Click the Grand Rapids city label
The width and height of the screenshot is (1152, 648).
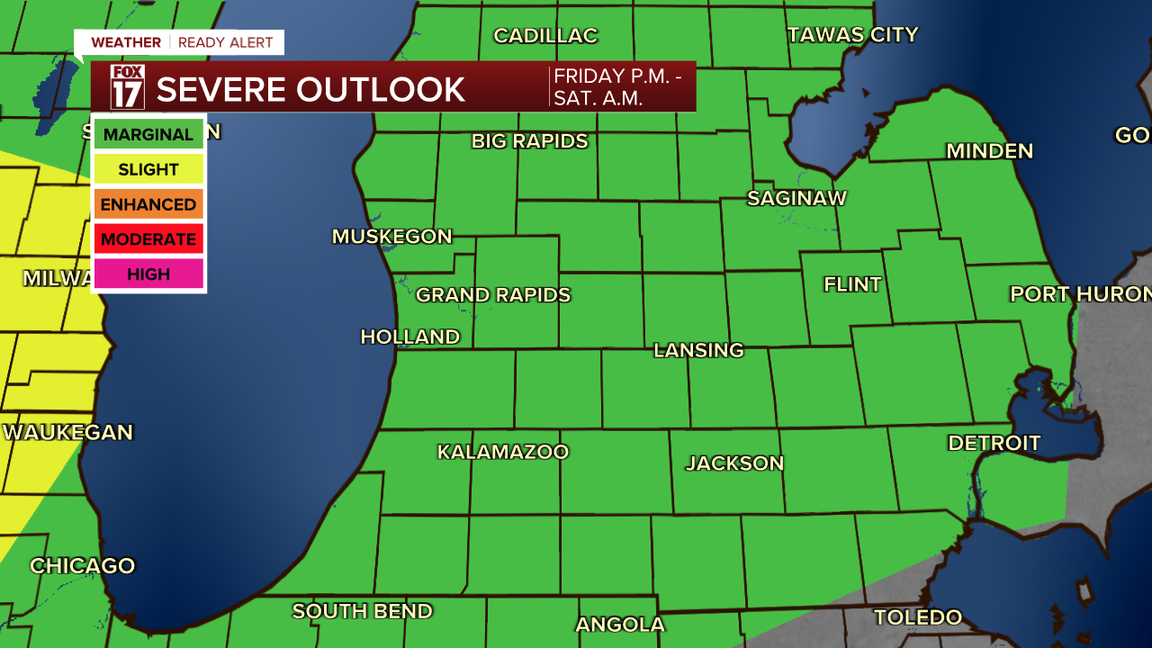click(x=493, y=295)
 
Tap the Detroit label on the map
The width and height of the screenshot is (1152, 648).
click(x=994, y=443)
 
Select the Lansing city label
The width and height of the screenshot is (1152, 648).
click(x=698, y=350)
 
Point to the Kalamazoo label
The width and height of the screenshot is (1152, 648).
click(x=503, y=452)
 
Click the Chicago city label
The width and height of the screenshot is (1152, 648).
click(x=82, y=566)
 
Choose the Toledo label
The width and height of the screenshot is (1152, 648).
click(x=917, y=617)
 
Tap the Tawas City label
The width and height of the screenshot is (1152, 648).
click(x=852, y=35)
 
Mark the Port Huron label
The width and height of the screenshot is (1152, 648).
click(x=1080, y=294)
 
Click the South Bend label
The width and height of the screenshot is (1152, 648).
click(x=362, y=611)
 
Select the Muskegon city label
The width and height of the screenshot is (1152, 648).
click(x=391, y=237)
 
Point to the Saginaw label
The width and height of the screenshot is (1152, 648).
click(x=796, y=198)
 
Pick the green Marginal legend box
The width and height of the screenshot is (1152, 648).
click(x=148, y=135)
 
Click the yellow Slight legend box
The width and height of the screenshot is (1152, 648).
click(x=148, y=169)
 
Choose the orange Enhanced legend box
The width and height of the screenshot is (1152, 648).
click(x=148, y=204)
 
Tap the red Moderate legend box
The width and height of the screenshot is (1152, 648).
click(x=148, y=239)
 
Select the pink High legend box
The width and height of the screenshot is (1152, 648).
click(x=148, y=274)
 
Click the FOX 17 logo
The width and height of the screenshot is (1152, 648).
click(x=127, y=87)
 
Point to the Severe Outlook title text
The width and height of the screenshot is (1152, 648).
click(x=310, y=89)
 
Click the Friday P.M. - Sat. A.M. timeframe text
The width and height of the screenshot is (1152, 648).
click(x=617, y=87)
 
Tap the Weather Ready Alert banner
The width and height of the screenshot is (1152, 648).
click(x=180, y=42)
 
